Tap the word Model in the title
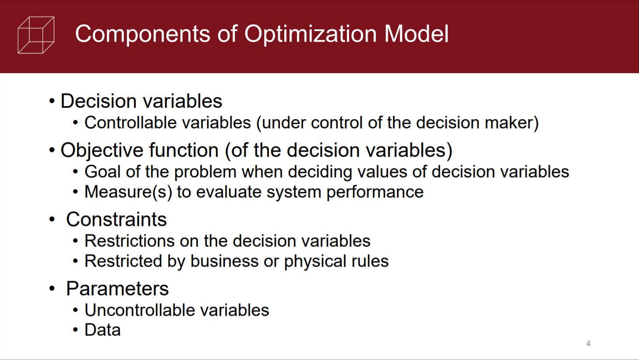tap(416, 34)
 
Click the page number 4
tap(588, 343)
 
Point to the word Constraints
tap(117, 219)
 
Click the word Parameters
tap(117, 289)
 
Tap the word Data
tap(102, 330)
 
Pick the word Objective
tap(102, 151)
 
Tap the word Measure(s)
tap(128, 192)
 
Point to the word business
tap(225, 261)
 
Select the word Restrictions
tap(130, 241)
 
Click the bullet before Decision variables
tap(52, 101)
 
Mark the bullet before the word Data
tap(75, 330)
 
